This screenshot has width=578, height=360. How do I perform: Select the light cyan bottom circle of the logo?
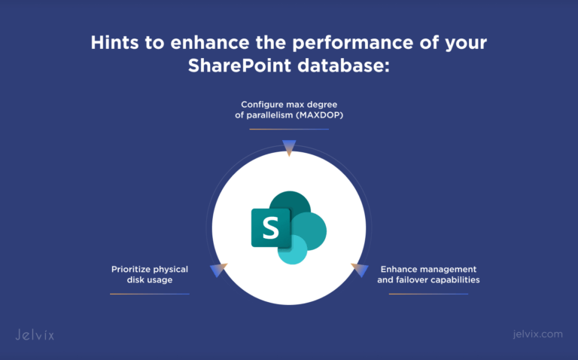[292, 250]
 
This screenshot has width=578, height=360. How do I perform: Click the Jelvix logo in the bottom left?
[35, 334]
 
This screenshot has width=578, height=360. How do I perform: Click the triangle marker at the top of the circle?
[288, 146]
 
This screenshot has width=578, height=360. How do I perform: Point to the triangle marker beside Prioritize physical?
[218, 269]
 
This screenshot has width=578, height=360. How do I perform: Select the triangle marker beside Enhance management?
[359, 269]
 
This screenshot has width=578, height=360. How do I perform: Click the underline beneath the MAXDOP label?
[289, 129]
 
